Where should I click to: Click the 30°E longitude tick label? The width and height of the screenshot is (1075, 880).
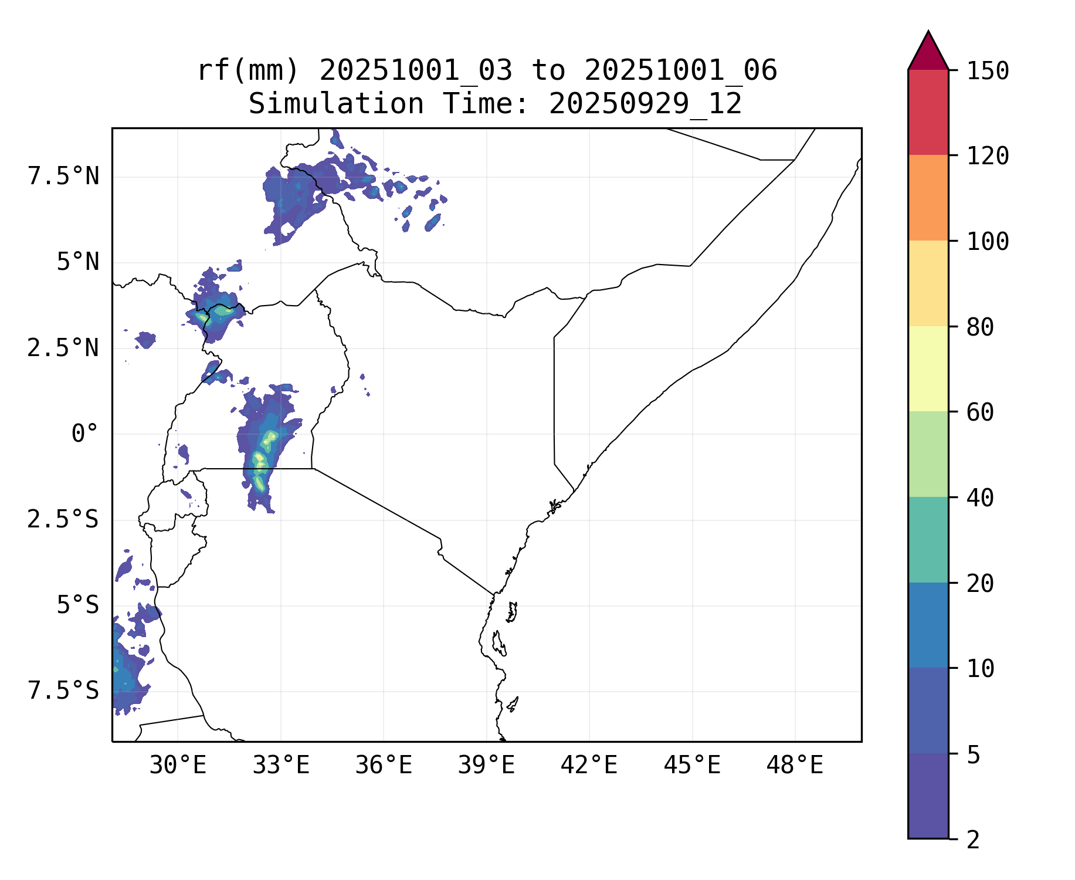(x=178, y=766)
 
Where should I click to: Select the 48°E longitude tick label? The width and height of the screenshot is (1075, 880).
(x=795, y=766)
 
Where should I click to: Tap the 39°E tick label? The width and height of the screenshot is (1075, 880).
(x=486, y=766)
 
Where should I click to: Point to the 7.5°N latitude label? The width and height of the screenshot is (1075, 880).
(x=63, y=177)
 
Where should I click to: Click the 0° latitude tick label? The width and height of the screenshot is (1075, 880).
(x=84, y=434)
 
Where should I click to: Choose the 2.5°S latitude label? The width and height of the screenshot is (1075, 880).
(x=63, y=520)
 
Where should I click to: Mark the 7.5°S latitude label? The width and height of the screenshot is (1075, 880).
(x=63, y=691)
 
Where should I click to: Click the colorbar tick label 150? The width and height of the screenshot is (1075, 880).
(x=988, y=72)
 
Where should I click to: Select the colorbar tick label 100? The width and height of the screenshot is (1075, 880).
(x=988, y=242)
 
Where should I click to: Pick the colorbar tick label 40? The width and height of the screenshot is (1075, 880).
(x=980, y=498)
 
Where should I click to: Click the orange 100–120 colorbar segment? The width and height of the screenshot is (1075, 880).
(x=928, y=198)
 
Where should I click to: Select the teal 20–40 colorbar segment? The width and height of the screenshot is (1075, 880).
(x=928, y=540)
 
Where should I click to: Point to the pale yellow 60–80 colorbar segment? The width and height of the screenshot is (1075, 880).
(x=928, y=368)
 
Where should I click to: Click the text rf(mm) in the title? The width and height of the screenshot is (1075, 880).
(x=248, y=71)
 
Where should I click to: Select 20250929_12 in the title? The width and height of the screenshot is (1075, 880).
(x=645, y=104)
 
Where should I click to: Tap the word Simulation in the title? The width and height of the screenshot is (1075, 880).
(x=336, y=104)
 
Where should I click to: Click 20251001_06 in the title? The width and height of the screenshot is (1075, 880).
(x=680, y=71)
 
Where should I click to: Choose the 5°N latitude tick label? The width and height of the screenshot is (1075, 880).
(x=77, y=262)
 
